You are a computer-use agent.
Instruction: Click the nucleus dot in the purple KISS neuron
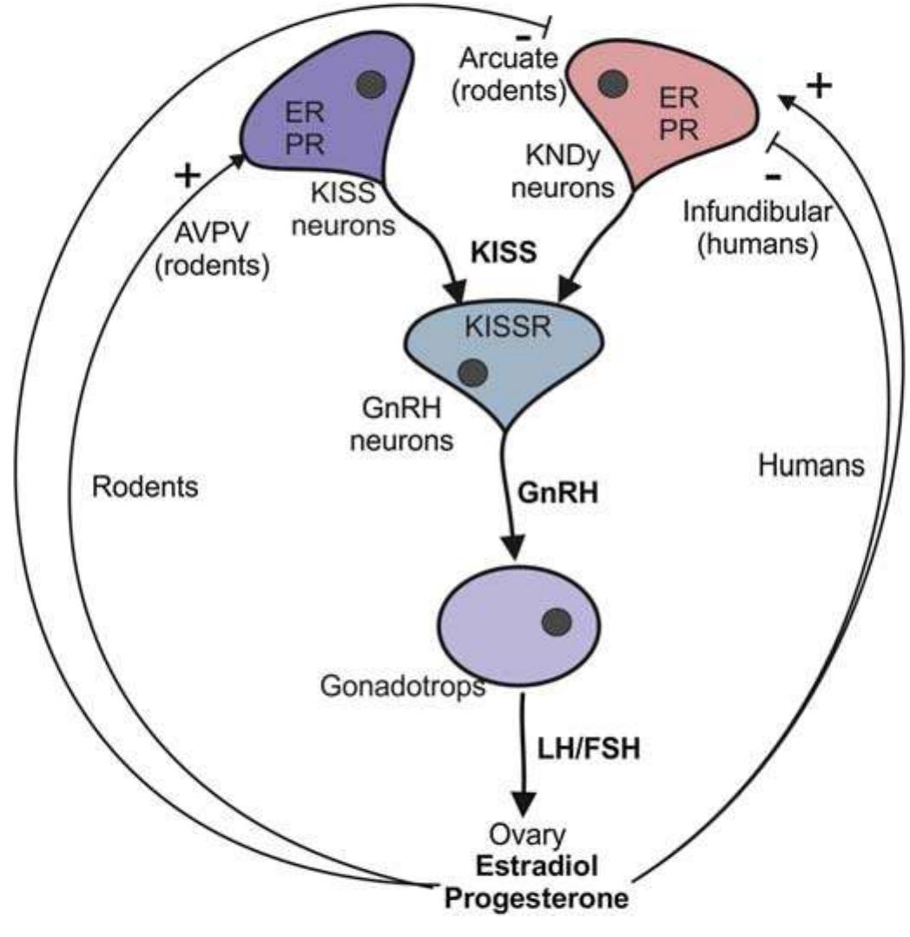coord(373,84)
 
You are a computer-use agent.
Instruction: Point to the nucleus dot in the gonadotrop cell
coord(556,622)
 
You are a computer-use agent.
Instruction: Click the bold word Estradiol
coord(532,868)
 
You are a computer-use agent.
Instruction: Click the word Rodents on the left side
coord(145,487)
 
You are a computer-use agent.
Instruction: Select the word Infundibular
coord(749,211)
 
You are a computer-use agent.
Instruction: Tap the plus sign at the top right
coord(820,85)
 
